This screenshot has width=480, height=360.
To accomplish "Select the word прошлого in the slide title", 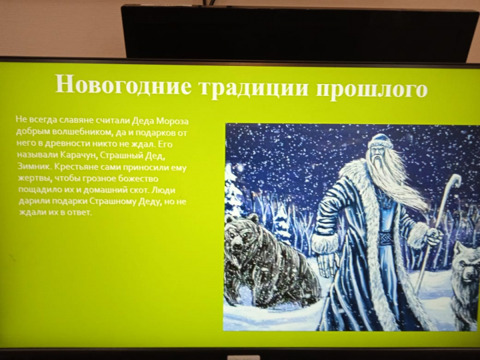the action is (x=371, y=89).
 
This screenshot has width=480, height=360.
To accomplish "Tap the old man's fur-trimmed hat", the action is (x=380, y=142).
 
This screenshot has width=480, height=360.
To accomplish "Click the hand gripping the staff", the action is (x=434, y=236).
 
